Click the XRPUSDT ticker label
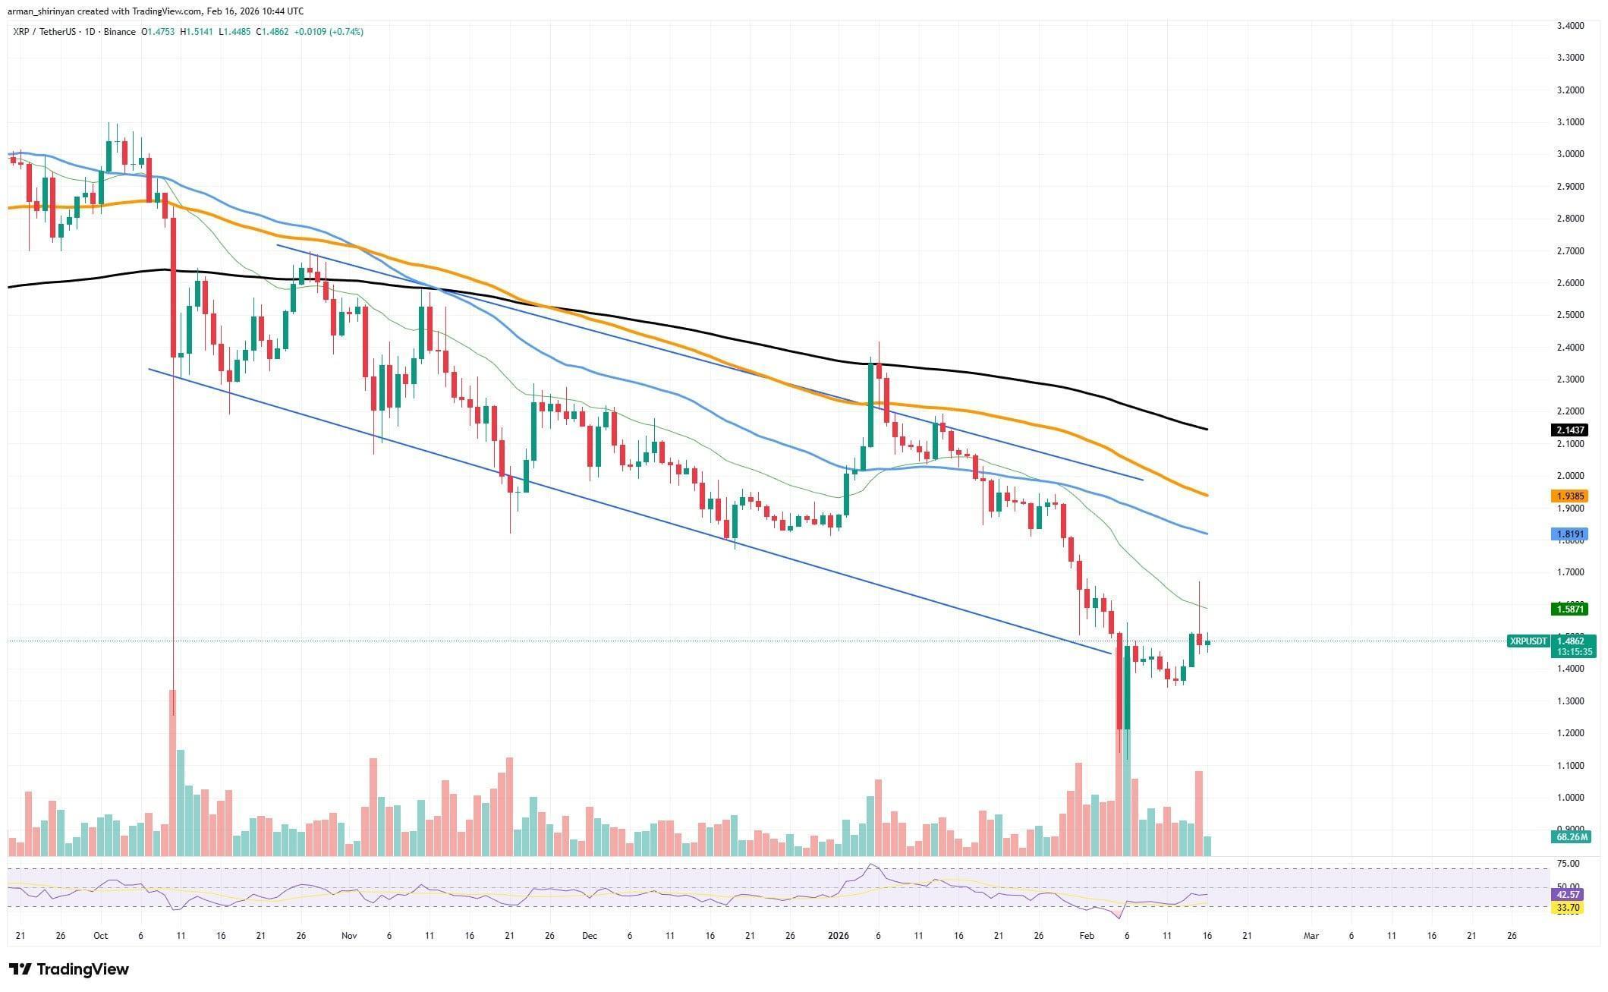click(1528, 641)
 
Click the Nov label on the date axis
click(349, 936)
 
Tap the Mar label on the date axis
click(1311, 936)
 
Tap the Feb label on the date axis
click(1087, 936)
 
